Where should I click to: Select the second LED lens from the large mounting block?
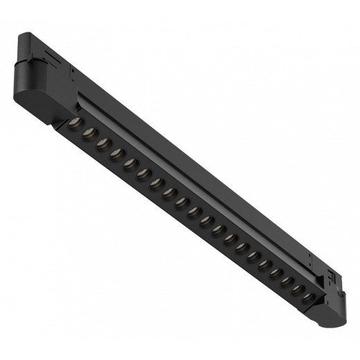[x=87, y=132]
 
